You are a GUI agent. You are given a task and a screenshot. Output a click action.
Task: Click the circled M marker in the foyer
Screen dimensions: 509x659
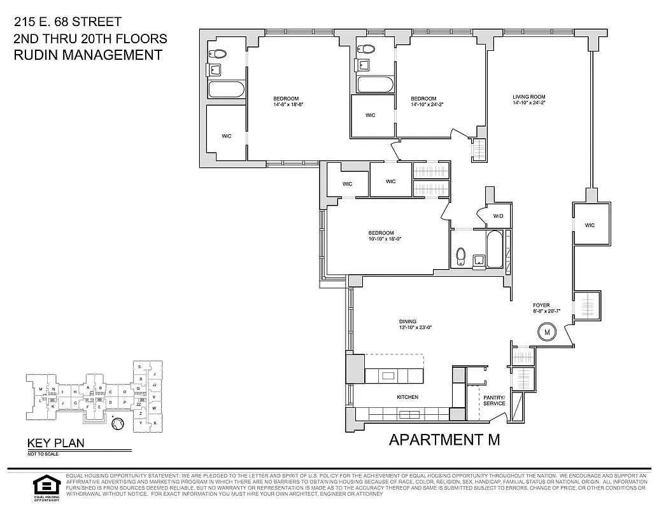546,331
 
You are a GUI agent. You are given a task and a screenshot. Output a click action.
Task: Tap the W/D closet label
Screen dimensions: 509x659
498,216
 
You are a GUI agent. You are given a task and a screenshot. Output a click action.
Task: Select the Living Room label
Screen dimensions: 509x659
529,97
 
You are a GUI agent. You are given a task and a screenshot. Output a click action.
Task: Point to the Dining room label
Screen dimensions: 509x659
407,321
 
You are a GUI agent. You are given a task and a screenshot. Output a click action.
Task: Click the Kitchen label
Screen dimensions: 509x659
407,397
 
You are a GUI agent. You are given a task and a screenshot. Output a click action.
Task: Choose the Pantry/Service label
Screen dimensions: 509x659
494,400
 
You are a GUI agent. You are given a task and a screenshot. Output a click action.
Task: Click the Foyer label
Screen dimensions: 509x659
542,305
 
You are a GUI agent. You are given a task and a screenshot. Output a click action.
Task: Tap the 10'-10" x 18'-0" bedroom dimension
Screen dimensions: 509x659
385,239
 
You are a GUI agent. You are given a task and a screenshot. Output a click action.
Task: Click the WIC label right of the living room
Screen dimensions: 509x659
590,225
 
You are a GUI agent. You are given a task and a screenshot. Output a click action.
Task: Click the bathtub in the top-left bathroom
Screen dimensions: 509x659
226,89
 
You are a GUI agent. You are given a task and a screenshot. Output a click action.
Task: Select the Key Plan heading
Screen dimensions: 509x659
55,443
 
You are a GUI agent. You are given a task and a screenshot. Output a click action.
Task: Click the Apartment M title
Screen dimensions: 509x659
444,439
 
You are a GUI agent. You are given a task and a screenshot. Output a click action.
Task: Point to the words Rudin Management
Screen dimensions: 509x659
88,55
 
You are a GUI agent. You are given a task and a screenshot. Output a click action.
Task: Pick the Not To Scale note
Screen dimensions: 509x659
42,454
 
